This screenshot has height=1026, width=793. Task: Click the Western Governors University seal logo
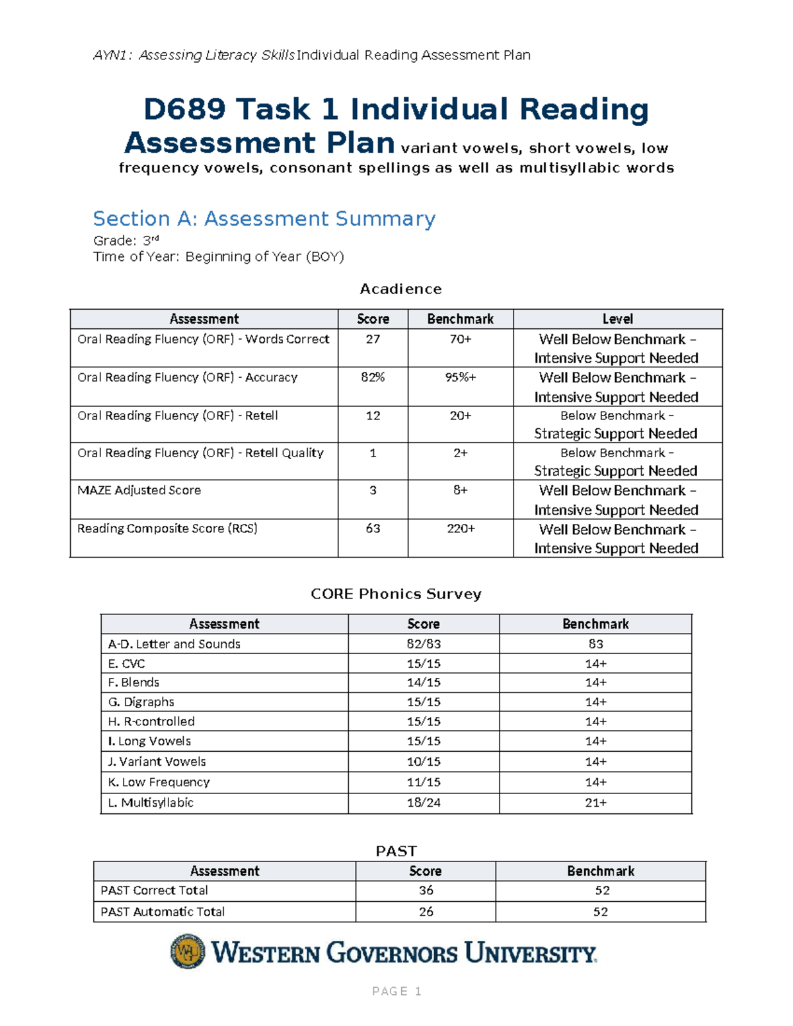(188, 951)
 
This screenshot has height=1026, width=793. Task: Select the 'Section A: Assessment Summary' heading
(264, 219)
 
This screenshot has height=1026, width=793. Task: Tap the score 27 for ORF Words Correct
(373, 339)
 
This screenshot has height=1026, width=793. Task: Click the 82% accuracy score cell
(373, 377)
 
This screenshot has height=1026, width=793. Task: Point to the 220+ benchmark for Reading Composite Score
(461, 529)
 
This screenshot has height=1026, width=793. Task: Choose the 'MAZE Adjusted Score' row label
(139, 490)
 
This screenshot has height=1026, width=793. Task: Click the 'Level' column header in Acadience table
(617, 319)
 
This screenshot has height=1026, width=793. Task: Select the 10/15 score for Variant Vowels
(424, 762)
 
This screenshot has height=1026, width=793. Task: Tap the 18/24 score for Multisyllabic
(424, 803)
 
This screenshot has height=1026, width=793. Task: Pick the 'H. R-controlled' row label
(151, 721)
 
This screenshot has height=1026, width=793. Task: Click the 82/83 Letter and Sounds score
(424, 644)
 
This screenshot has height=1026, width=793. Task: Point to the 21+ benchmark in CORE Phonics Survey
(595, 803)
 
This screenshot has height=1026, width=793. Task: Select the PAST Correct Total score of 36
(426, 891)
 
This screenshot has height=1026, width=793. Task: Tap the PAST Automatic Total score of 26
(426, 912)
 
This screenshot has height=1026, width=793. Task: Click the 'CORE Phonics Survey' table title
(396, 594)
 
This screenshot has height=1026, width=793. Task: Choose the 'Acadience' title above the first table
(400, 289)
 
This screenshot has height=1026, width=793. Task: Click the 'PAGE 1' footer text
(397, 991)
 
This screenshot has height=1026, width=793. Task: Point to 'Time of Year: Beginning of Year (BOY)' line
(219, 257)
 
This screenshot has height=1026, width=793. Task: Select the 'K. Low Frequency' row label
(159, 782)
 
